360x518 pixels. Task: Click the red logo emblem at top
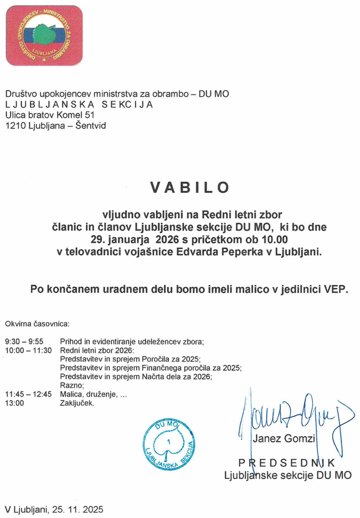click(x=44, y=35)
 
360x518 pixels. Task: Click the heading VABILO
click(x=189, y=187)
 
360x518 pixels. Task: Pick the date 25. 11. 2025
click(x=77, y=508)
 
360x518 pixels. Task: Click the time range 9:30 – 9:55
click(x=24, y=341)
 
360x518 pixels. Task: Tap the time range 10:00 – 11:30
click(x=28, y=351)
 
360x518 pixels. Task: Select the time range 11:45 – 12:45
click(x=28, y=395)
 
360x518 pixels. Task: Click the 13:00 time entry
click(x=14, y=404)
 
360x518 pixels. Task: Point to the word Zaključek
click(x=77, y=404)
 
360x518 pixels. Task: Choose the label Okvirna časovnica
click(x=37, y=323)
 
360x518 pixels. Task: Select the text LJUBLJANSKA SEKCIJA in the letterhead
click(x=78, y=105)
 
